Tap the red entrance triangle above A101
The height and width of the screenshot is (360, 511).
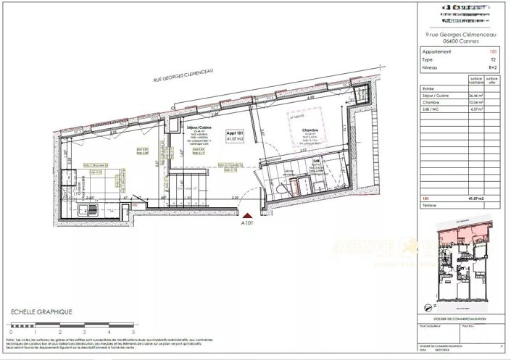coord(249,214)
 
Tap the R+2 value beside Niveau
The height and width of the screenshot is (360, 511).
coord(491,67)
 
